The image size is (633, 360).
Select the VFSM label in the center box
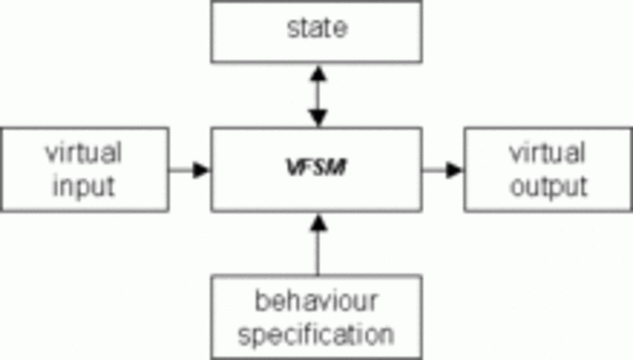click(x=316, y=169)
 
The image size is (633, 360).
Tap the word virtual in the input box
click(x=84, y=153)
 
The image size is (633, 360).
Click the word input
click(x=84, y=185)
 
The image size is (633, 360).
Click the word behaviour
click(x=317, y=299)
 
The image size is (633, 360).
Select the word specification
click(x=317, y=330)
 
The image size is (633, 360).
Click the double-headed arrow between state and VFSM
click(x=316, y=96)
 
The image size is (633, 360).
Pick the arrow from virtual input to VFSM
click(x=187, y=169)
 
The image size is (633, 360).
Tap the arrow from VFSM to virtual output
click(x=444, y=169)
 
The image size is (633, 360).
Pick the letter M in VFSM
click(x=335, y=169)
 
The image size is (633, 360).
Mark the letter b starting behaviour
click(x=259, y=299)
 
